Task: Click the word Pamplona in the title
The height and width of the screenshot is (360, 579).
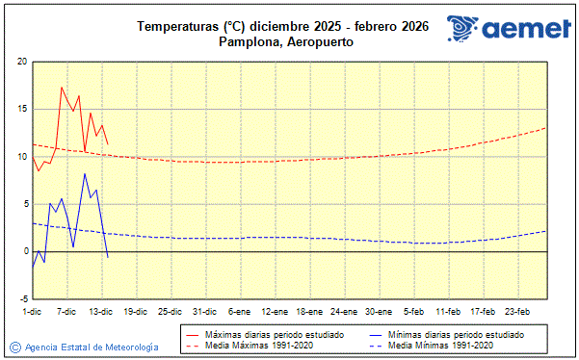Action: [x=246, y=41]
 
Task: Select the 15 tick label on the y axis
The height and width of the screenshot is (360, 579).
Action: [x=21, y=109]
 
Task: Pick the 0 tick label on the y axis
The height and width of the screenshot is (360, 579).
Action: [x=25, y=251]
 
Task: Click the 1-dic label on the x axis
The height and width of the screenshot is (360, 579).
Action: [x=32, y=311]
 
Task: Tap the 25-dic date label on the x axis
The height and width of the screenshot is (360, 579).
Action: [x=170, y=311]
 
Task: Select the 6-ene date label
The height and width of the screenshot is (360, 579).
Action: [x=239, y=311]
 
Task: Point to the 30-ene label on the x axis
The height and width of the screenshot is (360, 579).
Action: [x=379, y=311]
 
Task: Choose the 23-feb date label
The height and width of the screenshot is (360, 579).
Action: [x=517, y=311]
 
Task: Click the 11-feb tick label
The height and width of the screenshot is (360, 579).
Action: [x=448, y=311]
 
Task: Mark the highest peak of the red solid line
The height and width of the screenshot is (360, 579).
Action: [x=63, y=88]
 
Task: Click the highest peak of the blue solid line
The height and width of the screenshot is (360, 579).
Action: [x=85, y=174]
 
